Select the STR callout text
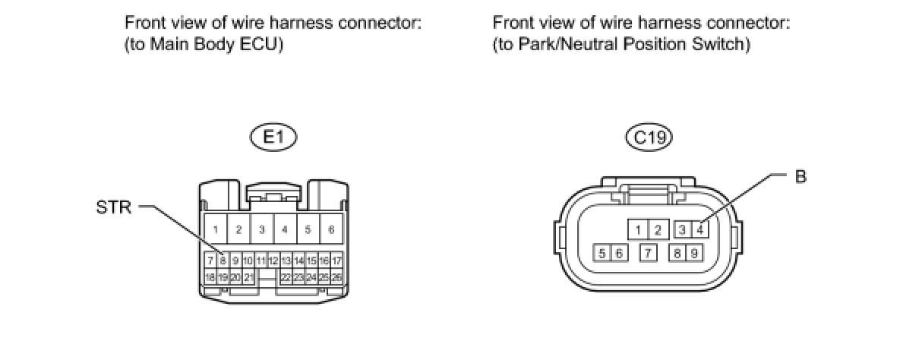pos(114,207)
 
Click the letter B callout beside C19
pos(801,177)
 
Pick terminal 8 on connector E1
pos(223,261)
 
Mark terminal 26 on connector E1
pos(336,277)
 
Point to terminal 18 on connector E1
pos(210,277)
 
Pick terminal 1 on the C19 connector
pos(640,229)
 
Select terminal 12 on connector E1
pos(273,261)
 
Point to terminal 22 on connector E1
pos(286,277)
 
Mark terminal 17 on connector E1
pos(336,261)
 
